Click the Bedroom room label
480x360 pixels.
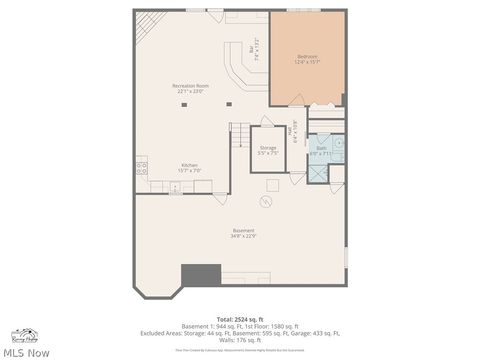pos(306,59)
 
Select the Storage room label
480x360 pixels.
pos(267,150)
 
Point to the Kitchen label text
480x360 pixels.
pos(190,167)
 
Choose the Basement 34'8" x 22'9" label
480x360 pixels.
pos(243,233)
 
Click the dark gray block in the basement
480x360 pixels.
pos(200,275)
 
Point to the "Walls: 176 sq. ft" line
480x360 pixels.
pos(239,340)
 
